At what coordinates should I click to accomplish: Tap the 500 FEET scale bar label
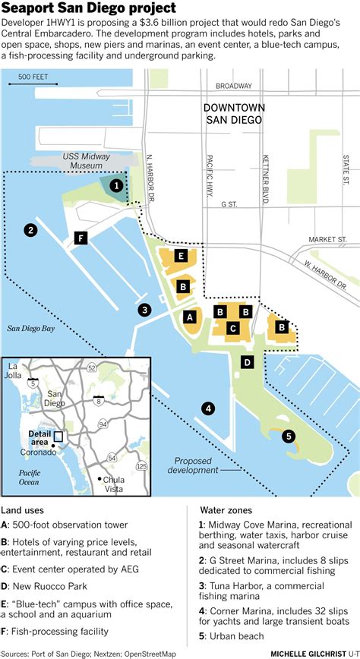tap(33, 77)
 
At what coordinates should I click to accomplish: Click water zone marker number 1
tap(116, 184)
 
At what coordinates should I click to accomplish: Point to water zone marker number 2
tap(30, 230)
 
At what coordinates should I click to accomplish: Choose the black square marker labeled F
tap(80, 238)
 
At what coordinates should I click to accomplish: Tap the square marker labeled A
tap(190, 316)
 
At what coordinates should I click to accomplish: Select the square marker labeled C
tap(234, 328)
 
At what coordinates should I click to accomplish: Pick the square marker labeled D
tap(247, 362)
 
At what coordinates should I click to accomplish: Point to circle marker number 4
tap(208, 408)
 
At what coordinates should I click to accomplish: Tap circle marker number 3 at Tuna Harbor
tap(144, 309)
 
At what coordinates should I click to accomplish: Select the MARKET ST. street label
tap(327, 239)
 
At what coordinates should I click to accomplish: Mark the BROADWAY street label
tap(233, 86)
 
